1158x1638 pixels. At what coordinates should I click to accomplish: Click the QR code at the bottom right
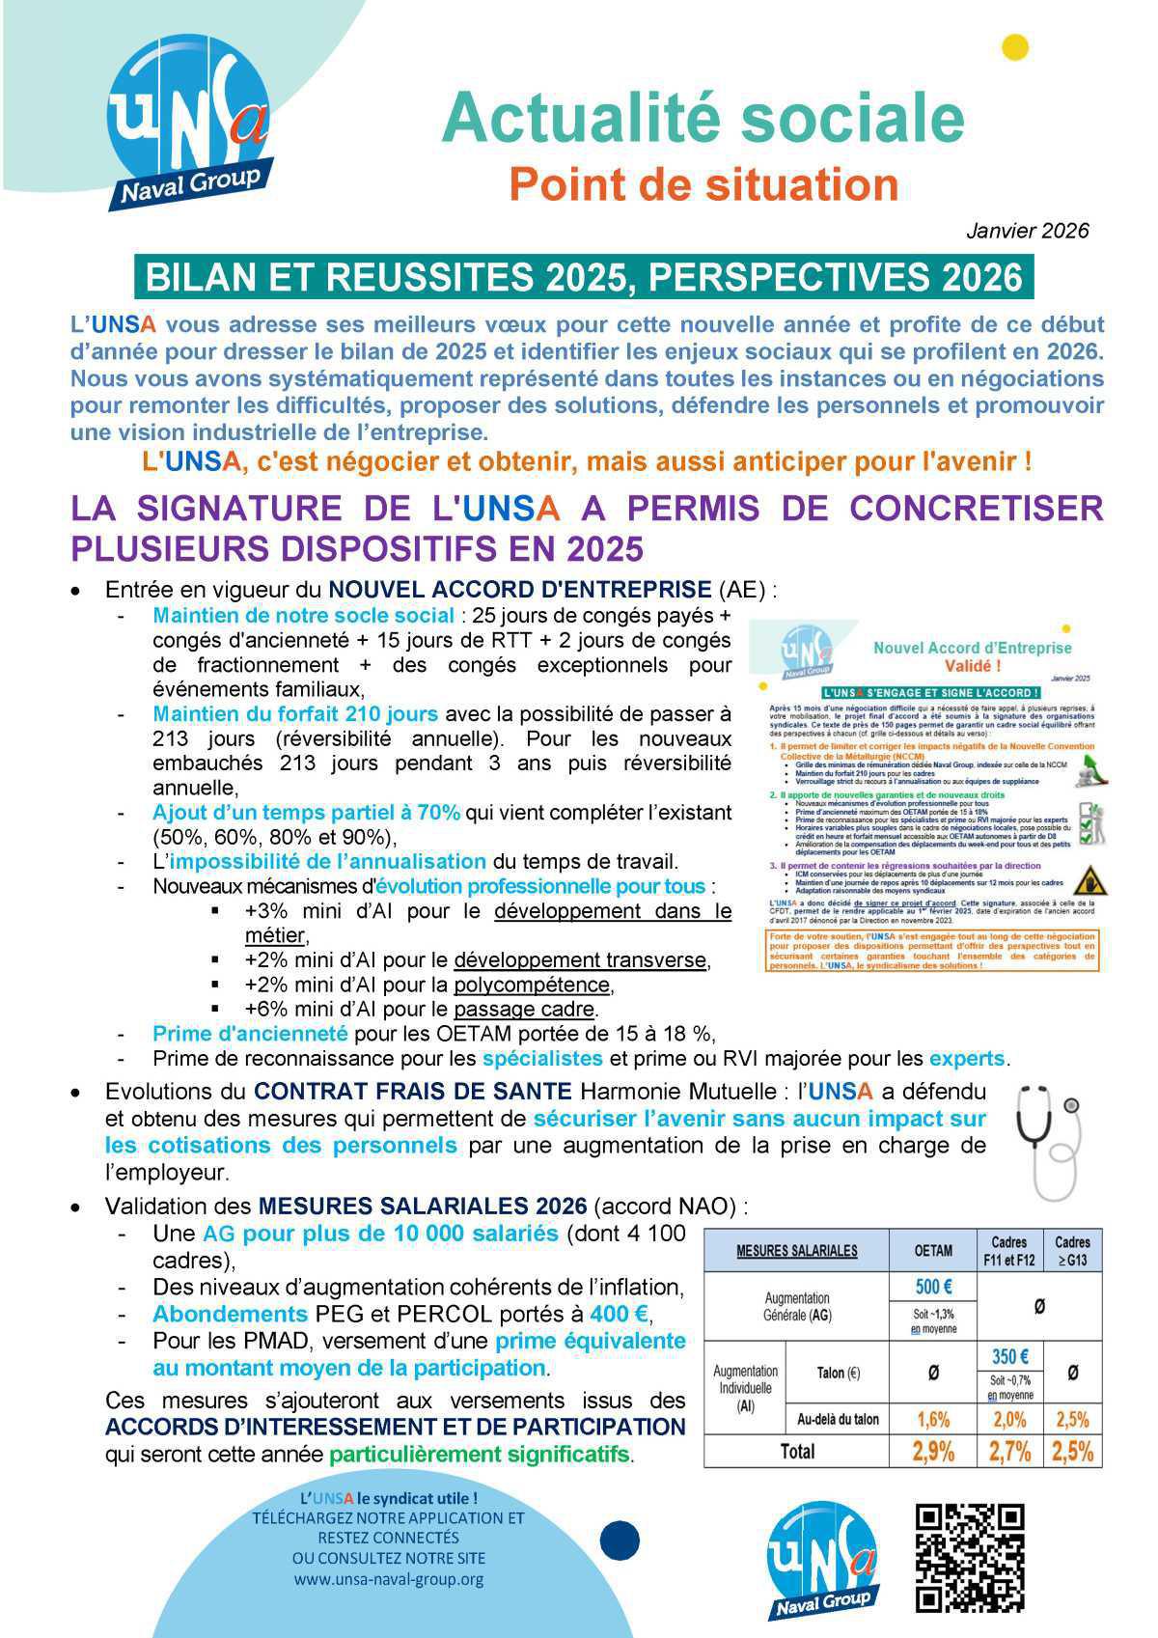pos(969,1557)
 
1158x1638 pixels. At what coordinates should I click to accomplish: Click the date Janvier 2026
pos(1027,231)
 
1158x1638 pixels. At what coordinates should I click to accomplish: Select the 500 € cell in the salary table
pos(933,1287)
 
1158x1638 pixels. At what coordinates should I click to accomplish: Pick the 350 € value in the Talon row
pos(1009,1356)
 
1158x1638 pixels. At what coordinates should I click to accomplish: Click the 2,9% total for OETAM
pos(933,1451)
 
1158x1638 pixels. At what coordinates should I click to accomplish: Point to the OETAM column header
pos(933,1250)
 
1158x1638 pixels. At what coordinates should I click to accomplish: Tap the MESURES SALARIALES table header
pos(796,1250)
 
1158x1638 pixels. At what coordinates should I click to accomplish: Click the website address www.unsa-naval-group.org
pos(388,1580)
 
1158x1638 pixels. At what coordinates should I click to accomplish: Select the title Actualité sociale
pos(703,117)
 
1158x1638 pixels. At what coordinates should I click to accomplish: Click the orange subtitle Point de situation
pos(703,183)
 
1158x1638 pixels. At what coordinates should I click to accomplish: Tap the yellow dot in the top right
pos(1015,47)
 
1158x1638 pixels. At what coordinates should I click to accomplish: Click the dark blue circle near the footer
pos(620,1541)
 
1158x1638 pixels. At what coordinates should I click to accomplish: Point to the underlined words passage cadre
pos(525,1010)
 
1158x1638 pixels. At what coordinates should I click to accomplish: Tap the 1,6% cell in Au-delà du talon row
pos(933,1419)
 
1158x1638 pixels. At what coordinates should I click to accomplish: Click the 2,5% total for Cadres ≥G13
pos(1072,1451)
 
